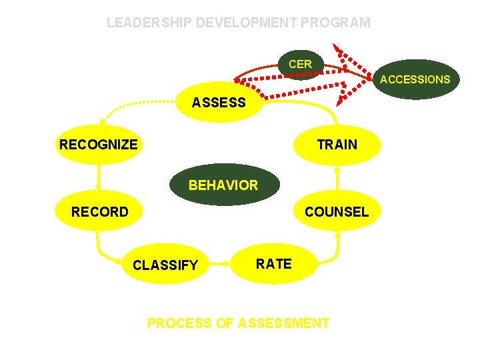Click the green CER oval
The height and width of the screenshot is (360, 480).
click(300, 64)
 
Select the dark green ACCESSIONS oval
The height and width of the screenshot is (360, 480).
click(415, 79)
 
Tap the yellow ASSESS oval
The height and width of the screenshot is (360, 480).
click(219, 103)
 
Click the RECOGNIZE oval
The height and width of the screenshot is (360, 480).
click(98, 144)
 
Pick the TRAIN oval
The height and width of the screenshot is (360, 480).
click(337, 144)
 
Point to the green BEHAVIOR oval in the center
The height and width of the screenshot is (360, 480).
click(223, 185)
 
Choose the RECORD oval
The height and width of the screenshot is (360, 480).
click(99, 212)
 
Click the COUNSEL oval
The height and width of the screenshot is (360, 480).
click(336, 212)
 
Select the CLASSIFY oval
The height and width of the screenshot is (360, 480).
click(165, 265)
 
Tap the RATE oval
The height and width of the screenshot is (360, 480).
click(273, 264)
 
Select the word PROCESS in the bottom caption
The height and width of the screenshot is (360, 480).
click(178, 323)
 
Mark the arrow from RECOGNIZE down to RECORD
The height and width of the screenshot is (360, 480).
click(99, 178)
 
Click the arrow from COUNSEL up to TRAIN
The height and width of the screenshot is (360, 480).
click(337, 178)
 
